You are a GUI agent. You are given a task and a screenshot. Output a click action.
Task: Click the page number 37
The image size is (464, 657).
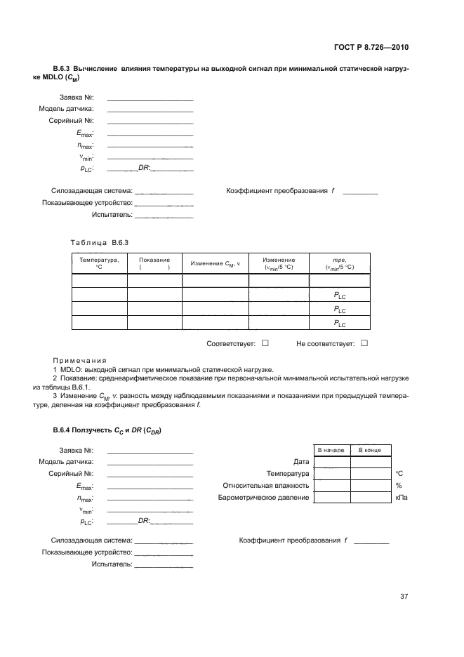(404, 597)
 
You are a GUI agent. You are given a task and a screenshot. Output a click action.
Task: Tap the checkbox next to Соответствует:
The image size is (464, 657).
(265, 343)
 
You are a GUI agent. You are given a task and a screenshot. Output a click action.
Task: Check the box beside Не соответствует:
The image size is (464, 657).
(364, 343)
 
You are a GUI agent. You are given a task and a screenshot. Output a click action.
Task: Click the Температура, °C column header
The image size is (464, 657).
(99, 263)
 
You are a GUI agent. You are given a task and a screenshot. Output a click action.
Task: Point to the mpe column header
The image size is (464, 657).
(339, 263)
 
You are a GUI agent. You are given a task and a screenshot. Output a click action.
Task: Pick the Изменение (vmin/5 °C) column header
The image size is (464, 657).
(279, 263)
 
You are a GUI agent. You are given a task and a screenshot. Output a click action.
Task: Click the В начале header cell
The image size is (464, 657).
(331, 449)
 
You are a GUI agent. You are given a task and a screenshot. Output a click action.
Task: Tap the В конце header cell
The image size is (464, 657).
(370, 449)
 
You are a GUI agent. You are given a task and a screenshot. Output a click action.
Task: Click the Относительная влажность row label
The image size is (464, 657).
(266, 485)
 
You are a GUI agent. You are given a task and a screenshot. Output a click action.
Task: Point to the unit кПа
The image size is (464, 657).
(402, 498)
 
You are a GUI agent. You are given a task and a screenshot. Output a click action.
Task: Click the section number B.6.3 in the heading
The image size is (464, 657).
(64, 69)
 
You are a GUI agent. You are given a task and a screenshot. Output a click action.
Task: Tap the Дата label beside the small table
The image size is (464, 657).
(301, 462)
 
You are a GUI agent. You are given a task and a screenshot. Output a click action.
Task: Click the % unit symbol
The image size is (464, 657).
(398, 485)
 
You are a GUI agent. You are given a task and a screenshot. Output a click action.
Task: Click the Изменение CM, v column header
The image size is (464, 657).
(215, 263)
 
